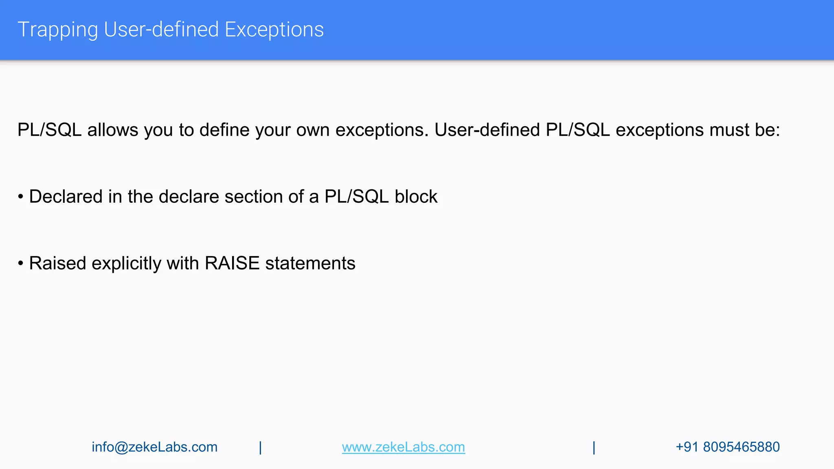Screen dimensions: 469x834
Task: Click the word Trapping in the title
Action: pos(57,30)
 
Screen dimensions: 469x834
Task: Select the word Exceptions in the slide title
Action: pos(274,30)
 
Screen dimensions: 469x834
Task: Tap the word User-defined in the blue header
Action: pos(161,30)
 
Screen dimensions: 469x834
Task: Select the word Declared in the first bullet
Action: pos(66,197)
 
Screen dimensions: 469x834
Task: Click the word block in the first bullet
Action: pos(416,197)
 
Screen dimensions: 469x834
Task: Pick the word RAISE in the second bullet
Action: pos(232,263)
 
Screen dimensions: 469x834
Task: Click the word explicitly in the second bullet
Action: pos(126,264)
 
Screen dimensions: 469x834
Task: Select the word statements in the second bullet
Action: pos(310,263)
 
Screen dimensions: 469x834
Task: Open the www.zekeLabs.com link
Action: pos(403,447)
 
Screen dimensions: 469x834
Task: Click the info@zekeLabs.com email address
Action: pos(154,447)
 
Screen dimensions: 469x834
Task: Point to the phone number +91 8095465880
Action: pos(727,447)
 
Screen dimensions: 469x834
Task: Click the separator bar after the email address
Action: pos(260,447)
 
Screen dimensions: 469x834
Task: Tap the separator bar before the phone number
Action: pos(594,447)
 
